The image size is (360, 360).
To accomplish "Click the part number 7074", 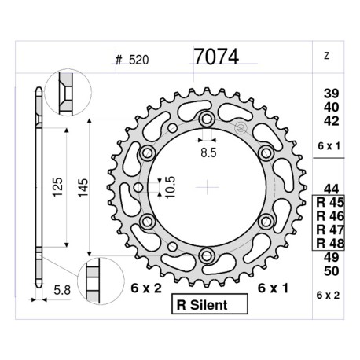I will [x=215, y=57].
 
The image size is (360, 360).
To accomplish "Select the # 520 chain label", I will [x=131, y=60].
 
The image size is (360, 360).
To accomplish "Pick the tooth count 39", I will [x=332, y=93].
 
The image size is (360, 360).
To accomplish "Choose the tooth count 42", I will [x=332, y=120].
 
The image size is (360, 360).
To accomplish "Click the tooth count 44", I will [x=332, y=187].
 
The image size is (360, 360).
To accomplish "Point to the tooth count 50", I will [x=332, y=271].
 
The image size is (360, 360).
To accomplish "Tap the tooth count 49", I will [x=332, y=257].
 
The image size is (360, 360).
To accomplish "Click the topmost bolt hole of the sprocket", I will [x=207, y=119].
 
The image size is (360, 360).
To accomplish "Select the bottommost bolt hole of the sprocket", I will [x=207, y=255].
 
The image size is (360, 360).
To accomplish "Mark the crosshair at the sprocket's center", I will [x=207, y=187].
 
